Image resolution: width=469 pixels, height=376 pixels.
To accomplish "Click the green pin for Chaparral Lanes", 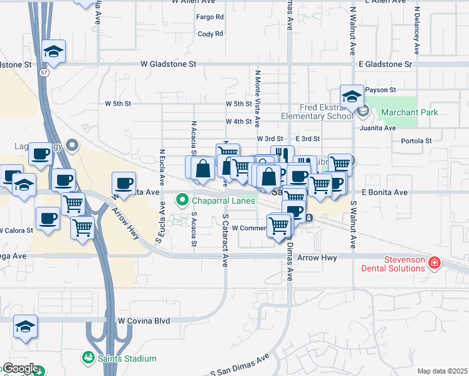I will coord(182,201).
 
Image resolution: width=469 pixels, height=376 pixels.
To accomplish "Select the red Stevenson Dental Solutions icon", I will coord(433,262).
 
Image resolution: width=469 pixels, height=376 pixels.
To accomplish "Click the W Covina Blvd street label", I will coord(144,321).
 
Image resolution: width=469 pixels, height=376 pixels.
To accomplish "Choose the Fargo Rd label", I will coord(210,17).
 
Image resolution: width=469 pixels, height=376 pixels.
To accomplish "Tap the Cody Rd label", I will coord(210,34).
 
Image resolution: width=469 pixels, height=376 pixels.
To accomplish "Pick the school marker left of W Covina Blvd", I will coord(25,326).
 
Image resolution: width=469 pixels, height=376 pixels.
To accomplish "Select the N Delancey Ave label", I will coord(416,31).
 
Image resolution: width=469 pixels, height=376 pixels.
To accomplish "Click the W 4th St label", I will coord(239,122).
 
